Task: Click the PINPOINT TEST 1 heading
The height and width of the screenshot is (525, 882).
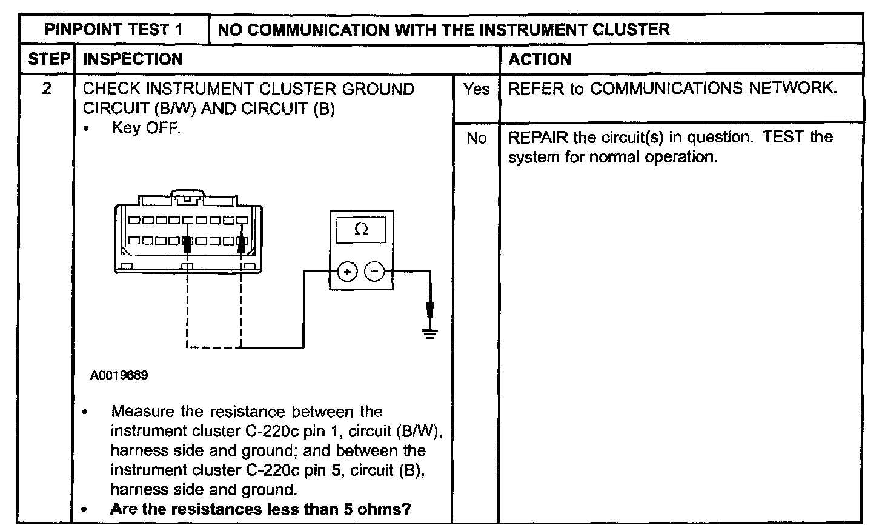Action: (x=113, y=30)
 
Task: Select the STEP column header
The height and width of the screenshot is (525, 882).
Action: (x=49, y=59)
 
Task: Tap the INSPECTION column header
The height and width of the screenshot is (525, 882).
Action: (x=133, y=59)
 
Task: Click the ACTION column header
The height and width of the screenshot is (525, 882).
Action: (x=539, y=59)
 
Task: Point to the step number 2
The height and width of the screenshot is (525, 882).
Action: (x=47, y=89)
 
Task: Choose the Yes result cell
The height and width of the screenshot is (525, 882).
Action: (x=476, y=89)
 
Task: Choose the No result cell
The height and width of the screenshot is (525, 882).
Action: (x=476, y=138)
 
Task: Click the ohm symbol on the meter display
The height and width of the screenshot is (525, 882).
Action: (x=361, y=229)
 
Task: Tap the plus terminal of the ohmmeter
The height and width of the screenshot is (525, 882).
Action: (x=347, y=272)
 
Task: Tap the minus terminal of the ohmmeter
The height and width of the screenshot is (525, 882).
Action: (x=374, y=272)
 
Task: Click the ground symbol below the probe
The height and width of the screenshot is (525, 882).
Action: (x=430, y=334)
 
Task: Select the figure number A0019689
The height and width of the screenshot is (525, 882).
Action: (x=119, y=375)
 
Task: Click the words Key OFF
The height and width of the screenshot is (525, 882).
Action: (x=147, y=128)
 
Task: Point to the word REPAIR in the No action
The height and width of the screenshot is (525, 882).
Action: (x=538, y=138)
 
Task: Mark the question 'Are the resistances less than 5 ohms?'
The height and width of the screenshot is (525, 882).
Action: (x=260, y=509)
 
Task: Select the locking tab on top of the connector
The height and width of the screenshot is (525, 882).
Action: (x=187, y=197)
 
